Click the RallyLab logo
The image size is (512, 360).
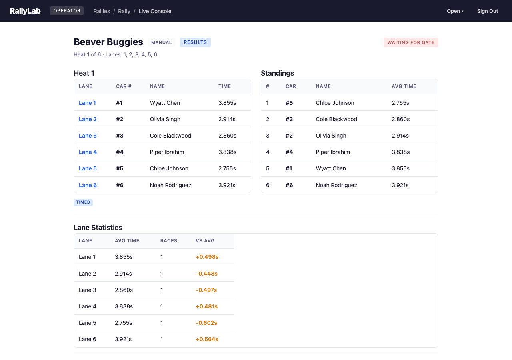25,11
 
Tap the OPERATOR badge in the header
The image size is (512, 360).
67,11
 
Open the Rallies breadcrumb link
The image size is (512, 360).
102,11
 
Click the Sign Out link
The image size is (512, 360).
487,11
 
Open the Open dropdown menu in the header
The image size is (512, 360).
455,11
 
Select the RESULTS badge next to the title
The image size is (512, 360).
195,42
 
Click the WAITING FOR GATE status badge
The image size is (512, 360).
411,42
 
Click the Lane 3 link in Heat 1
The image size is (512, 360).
88,136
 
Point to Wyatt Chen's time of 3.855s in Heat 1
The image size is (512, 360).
227,103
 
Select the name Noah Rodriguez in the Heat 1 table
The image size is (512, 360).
170,185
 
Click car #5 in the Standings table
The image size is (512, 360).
289,103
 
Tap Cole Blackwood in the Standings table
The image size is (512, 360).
336,119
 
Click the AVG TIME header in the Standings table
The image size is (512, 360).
404,86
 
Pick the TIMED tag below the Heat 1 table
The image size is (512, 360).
83,202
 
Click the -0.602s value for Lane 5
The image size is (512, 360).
206,323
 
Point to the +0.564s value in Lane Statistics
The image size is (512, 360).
207,339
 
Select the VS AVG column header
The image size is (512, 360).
205,241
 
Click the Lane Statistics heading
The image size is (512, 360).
98,228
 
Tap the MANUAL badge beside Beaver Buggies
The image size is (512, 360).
162,42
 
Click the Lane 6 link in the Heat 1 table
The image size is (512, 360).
88,185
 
